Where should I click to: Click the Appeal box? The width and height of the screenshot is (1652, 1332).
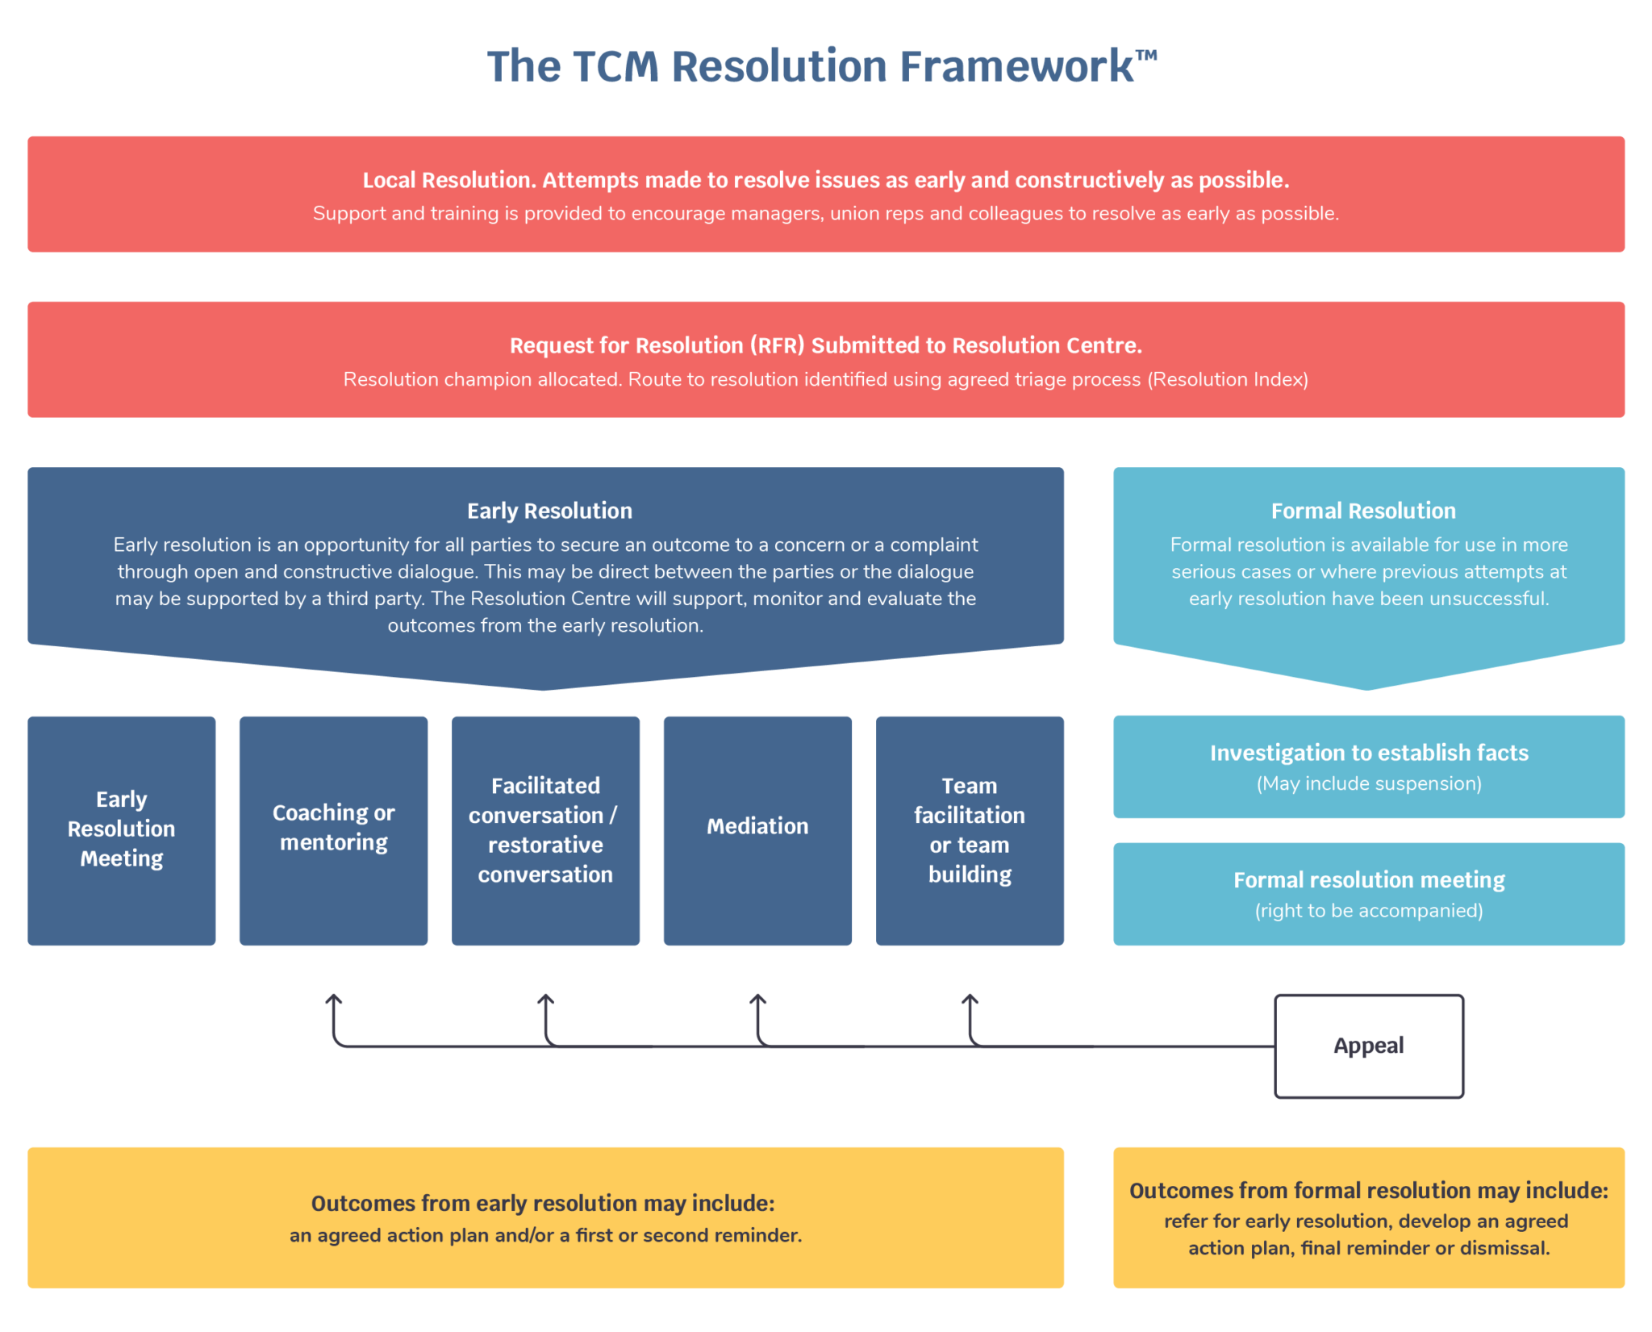point(1369,1046)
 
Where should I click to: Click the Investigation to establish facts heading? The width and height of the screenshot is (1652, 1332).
point(1369,753)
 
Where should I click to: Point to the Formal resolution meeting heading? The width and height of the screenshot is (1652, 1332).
point(1369,880)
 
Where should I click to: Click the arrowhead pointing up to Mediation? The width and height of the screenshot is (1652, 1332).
point(757,1000)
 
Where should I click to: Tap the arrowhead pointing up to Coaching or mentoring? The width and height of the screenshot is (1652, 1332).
point(333,1000)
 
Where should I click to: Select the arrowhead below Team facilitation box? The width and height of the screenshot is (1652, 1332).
point(970,1000)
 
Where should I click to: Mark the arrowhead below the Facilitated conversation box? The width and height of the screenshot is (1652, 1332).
point(545,1000)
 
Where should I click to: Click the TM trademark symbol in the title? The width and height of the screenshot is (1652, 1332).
point(1145,56)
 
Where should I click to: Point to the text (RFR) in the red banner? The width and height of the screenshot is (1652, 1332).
point(777,346)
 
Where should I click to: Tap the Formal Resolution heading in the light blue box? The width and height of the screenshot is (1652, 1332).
point(1363,511)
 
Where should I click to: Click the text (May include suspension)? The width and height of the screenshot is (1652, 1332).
point(1369,783)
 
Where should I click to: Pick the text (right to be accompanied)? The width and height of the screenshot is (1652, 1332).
point(1369,911)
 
